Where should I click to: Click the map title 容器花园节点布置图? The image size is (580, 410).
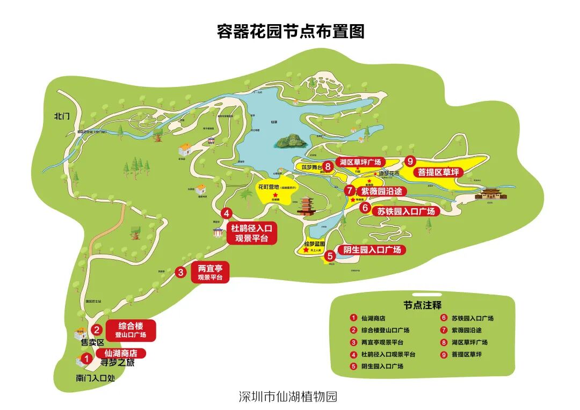pos(290,31)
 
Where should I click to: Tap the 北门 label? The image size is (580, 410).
pos(62,115)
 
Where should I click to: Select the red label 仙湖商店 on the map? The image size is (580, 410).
pos(121,354)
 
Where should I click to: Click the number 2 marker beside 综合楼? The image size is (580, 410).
pos(97,330)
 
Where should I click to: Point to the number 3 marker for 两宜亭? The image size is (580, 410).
pos(181,273)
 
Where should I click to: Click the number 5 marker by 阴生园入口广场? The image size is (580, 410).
pos(330,256)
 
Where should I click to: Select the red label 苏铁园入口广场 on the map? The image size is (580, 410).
pos(405,211)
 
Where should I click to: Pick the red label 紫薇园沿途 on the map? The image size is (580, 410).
pos(380,191)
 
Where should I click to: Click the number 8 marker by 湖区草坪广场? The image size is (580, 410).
pos(327,167)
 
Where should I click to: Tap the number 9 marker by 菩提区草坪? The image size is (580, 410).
pos(410,161)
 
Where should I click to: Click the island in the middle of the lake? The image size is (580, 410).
pos(290,142)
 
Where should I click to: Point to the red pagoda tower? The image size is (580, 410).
pos(306,206)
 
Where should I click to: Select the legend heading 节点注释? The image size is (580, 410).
pos(422,305)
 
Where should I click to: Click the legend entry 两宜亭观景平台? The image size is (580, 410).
pos(382,342)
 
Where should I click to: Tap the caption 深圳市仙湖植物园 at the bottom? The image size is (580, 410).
pos(288,397)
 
